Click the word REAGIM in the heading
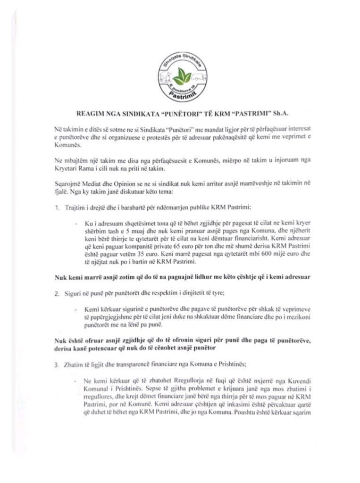[90, 114]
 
